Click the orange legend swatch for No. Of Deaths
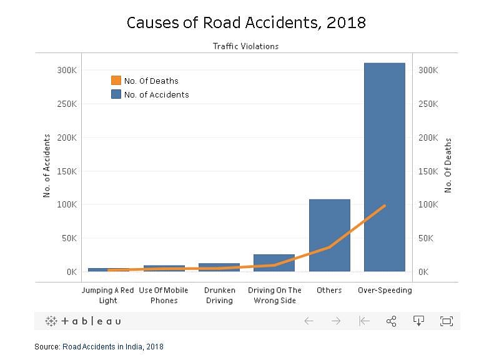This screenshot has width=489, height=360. click(116, 81)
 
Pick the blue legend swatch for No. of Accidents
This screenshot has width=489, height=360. click(116, 94)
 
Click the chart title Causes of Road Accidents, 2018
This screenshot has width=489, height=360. click(246, 23)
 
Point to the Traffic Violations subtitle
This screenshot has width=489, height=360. click(246, 46)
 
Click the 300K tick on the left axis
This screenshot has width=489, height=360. click(66, 70)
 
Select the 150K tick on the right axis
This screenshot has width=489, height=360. click(428, 171)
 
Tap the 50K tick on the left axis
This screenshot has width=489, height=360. click(68, 238)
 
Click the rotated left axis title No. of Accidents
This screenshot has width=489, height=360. click(47, 166)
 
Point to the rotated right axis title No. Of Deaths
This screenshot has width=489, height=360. click(448, 166)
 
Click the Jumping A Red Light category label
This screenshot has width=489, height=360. click(107, 295)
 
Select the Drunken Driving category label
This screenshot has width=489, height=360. click(219, 295)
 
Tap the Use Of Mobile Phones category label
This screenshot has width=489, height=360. click(164, 295)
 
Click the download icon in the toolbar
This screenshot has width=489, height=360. click(419, 321)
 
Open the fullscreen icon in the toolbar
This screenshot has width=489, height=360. click(446, 321)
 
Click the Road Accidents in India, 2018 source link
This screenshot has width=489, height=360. click(113, 346)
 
